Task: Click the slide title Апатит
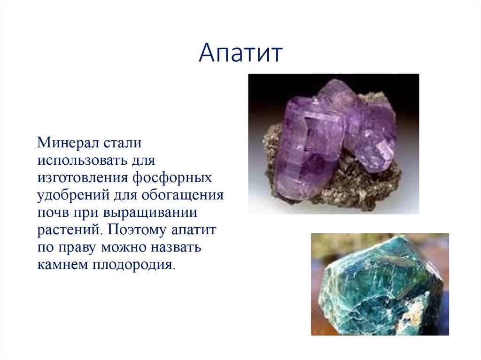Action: (240, 53)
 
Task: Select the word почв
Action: (53, 212)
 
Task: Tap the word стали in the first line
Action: (122, 142)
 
